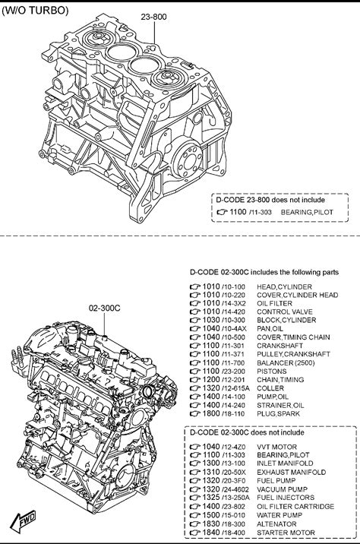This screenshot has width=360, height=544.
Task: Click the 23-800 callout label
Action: [x=153, y=17]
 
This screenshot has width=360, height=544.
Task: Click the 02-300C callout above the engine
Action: [x=105, y=308]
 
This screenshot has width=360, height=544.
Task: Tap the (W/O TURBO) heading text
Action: [x=35, y=11]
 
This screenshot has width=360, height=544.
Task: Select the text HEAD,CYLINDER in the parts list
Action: [x=284, y=287]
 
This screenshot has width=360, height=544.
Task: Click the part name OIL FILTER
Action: [x=274, y=304]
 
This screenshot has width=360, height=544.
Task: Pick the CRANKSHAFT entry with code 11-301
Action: [x=279, y=346]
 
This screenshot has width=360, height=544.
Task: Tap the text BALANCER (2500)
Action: [x=286, y=362]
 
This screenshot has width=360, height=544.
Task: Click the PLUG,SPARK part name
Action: [x=278, y=413]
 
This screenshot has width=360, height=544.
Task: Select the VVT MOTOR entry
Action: [x=276, y=447]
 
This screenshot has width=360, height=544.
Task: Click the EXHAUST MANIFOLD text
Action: [x=292, y=472]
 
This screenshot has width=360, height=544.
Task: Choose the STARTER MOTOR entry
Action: [x=286, y=533]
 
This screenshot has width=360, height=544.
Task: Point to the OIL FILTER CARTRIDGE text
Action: [x=295, y=507]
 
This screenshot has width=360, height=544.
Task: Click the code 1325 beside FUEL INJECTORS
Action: [x=211, y=498]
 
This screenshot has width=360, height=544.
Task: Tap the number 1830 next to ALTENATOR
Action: [x=211, y=524]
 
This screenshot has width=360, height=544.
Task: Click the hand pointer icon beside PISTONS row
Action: [x=195, y=372]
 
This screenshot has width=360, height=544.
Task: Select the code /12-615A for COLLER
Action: [x=235, y=388]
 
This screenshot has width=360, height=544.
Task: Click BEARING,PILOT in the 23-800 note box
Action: [x=307, y=212]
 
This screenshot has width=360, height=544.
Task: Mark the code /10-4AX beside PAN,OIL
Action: [x=234, y=328]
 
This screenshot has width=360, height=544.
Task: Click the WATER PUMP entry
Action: [x=279, y=515]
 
